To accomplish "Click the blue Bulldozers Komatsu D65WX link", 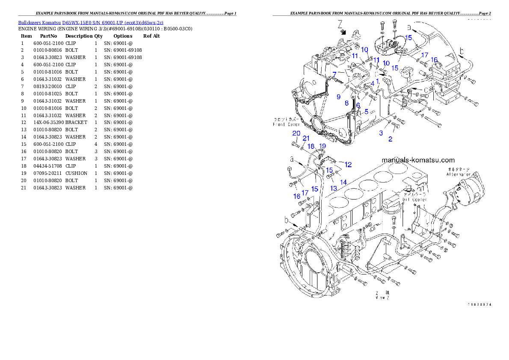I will (91, 23).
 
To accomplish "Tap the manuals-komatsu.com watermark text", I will (418, 160).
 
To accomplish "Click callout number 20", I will (296, 133).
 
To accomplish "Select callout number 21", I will (306, 138).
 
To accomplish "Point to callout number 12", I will (348, 165).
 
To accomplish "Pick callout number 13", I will (333, 188).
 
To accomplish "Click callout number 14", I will (343, 182).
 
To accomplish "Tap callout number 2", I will (390, 139).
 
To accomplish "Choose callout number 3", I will (381, 133).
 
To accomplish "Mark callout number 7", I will (334, 74).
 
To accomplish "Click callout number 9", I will (338, 97).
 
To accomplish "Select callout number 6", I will (358, 105).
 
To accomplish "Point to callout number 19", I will (323, 146).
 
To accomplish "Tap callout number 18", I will (311, 146).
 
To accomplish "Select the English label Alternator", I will (459, 174).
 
